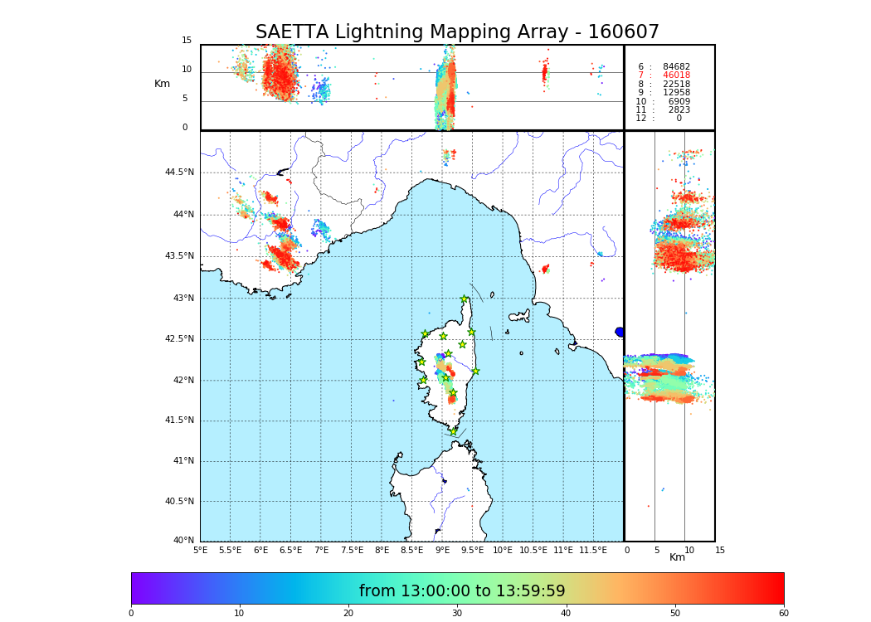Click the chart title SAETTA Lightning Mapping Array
457,32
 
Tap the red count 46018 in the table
676,75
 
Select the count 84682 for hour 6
676,67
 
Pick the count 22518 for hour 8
676,85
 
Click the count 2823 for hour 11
679,110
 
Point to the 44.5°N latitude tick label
179,173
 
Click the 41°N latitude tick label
183,461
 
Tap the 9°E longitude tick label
442,551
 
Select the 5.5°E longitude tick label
230,551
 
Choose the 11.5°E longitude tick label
593,551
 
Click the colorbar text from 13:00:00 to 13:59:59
462,591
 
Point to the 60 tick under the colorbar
783,614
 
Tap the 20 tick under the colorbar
348,614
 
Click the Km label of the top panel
162,84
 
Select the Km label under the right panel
677,557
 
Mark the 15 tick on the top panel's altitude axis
187,41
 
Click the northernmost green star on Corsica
465,299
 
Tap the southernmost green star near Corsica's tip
453,431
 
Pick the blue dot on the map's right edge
620,332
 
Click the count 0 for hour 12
679,119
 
